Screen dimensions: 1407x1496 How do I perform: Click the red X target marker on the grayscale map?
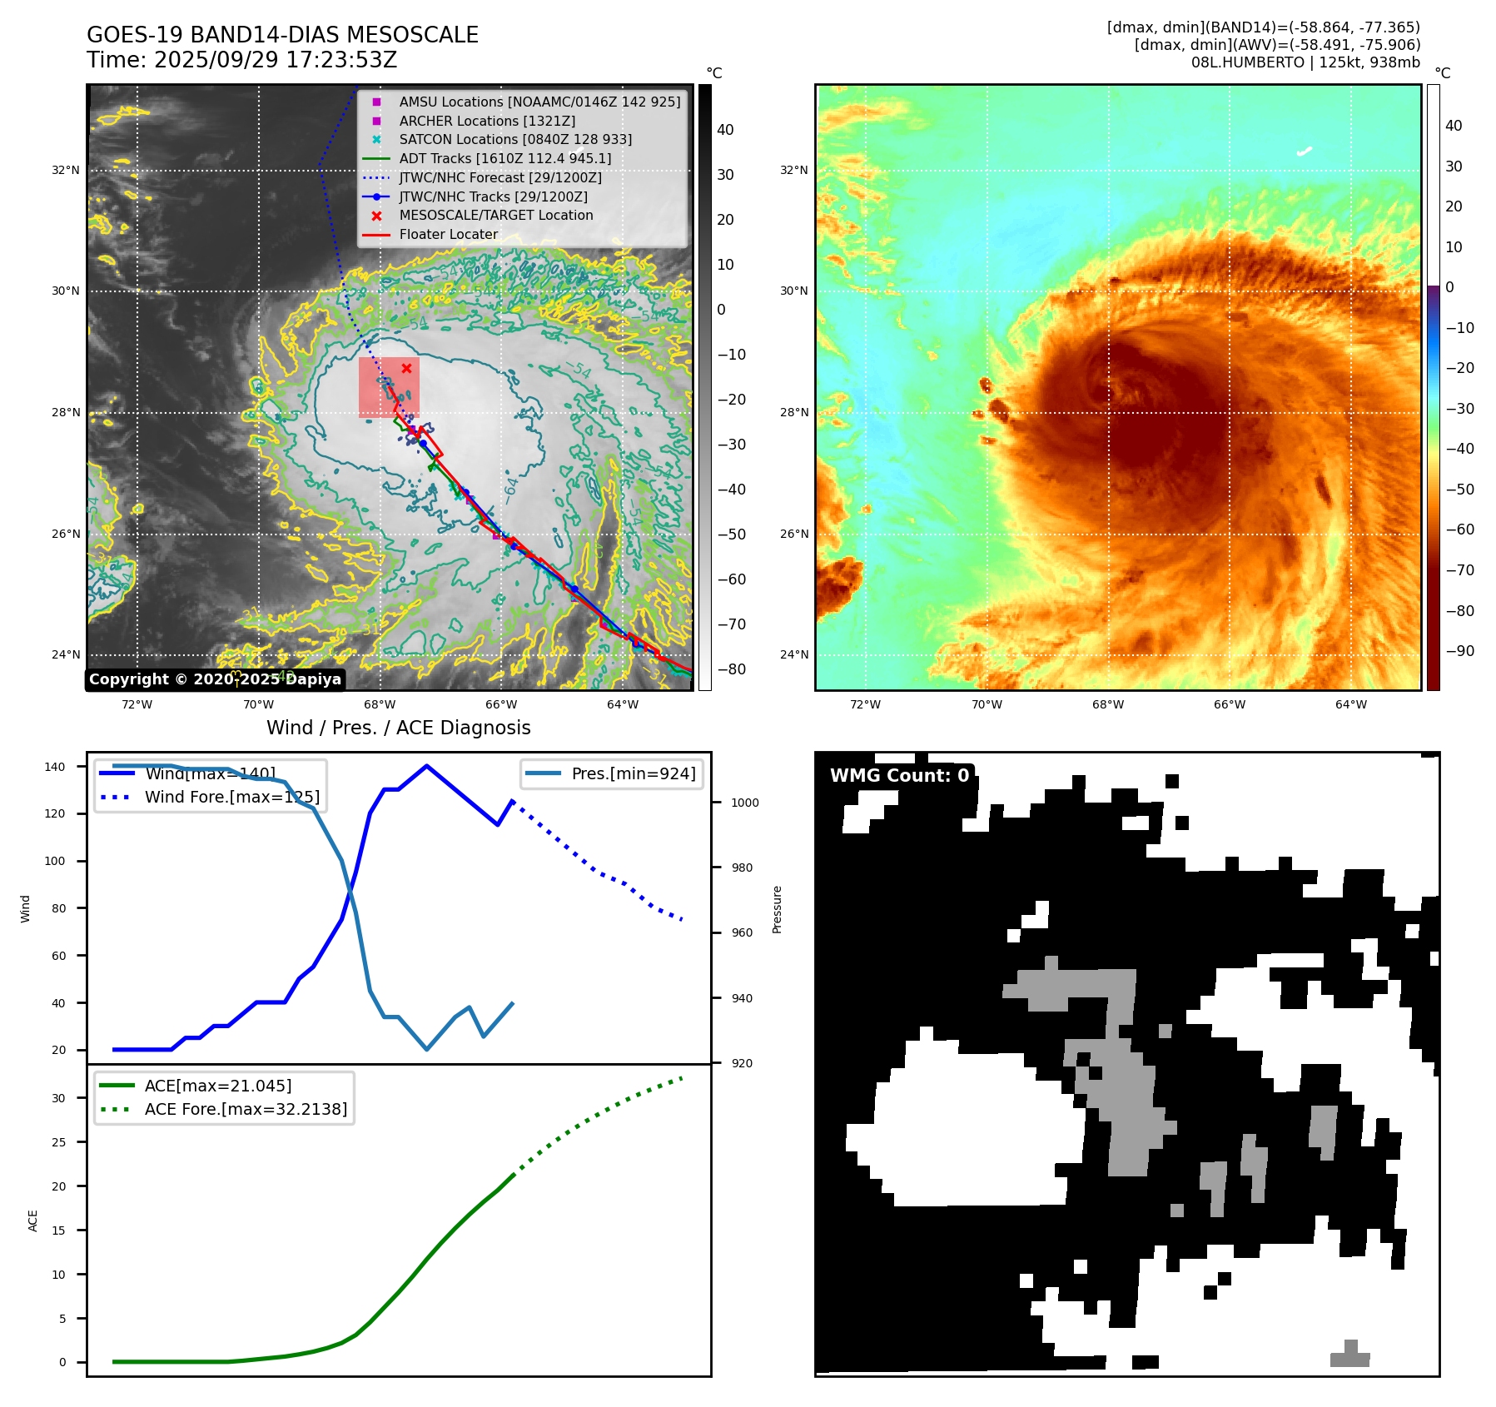pyautogui.click(x=406, y=368)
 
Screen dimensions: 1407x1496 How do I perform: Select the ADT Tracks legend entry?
pyautogui.click(x=504, y=158)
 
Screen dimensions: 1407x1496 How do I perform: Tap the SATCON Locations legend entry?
pyautogui.click(x=514, y=139)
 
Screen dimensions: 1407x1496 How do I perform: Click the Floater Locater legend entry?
pyautogui.click(x=448, y=234)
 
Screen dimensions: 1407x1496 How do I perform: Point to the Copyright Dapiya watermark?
pyautogui.click(x=215, y=679)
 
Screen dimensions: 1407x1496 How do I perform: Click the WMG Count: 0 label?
pyautogui.click(x=899, y=776)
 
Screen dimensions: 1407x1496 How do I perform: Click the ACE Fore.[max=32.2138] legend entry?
pyautogui.click(x=246, y=1109)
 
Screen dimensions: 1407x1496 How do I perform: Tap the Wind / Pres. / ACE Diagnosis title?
pyautogui.click(x=398, y=728)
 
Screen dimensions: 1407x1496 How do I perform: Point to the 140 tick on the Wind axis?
pyautogui.click(x=55, y=767)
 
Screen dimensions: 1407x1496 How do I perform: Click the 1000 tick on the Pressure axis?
pyautogui.click(x=744, y=803)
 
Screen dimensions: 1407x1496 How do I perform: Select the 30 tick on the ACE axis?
pyautogui.click(x=58, y=1098)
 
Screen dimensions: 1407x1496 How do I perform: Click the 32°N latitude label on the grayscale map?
pyautogui.click(x=66, y=171)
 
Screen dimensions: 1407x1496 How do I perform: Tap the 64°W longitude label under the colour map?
pyautogui.click(x=1350, y=704)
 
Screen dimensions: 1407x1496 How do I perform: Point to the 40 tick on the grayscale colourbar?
pyautogui.click(x=725, y=130)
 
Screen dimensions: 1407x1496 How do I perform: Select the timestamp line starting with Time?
pyautogui.click(x=241, y=60)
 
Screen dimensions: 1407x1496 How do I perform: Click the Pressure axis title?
pyautogui.click(x=777, y=909)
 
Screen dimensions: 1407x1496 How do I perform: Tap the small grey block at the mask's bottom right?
pyautogui.click(x=1349, y=1355)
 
